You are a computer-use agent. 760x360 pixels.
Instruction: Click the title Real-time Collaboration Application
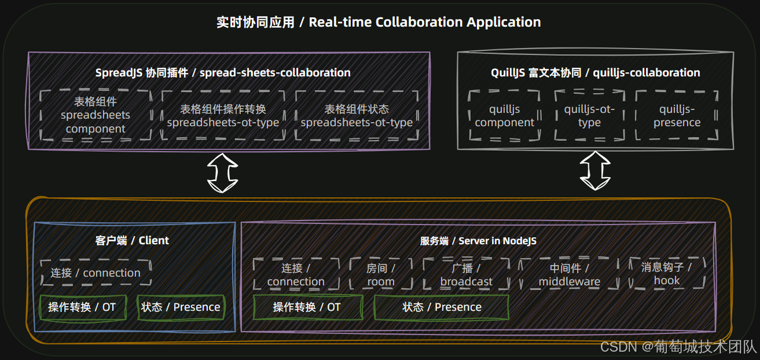[x=379, y=23]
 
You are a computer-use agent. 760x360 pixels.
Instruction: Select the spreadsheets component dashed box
[x=96, y=115]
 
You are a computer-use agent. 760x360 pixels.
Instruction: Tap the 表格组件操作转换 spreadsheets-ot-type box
[x=223, y=115]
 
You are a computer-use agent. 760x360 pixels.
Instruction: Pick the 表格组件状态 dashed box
[x=356, y=115]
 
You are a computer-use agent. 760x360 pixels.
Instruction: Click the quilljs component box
[x=505, y=116]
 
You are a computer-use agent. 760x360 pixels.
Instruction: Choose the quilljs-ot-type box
[x=590, y=116]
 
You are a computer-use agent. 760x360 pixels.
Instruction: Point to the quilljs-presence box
[x=677, y=116]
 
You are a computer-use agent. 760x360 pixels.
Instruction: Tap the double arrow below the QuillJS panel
[x=595, y=170]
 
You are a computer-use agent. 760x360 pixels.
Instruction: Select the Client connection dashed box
[x=96, y=273]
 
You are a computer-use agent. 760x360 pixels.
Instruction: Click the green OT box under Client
[x=82, y=307]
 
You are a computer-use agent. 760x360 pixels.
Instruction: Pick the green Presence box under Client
[x=181, y=307]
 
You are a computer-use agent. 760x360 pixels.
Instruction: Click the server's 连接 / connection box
[x=296, y=274]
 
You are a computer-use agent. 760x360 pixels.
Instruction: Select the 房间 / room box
[x=381, y=274]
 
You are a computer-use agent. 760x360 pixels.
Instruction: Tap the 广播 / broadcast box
[x=466, y=274]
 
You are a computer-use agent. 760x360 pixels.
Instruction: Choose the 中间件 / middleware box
[x=569, y=274]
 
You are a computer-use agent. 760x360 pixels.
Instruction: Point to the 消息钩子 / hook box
[x=667, y=273]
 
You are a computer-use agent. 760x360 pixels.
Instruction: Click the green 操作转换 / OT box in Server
[x=308, y=307]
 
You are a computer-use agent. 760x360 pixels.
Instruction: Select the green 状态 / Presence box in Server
[x=441, y=307]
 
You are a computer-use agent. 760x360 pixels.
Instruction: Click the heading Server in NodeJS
[x=478, y=241]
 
